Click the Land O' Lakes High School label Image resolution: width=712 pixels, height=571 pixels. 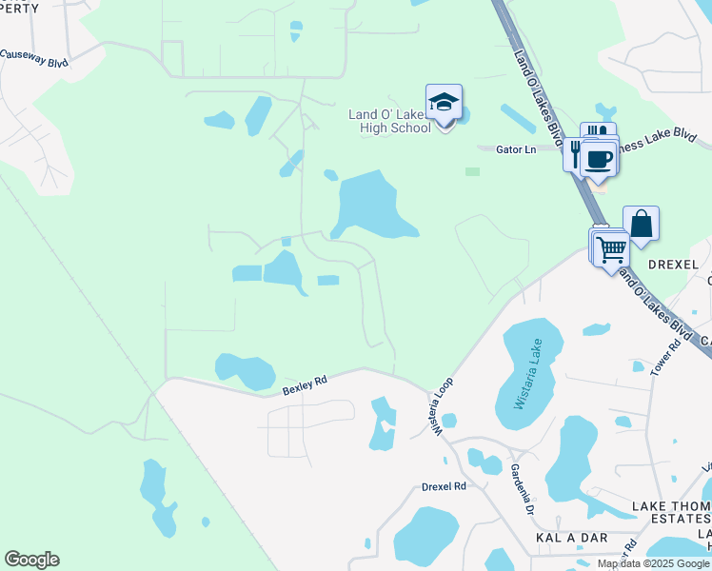point(389,121)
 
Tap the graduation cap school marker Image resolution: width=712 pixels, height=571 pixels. point(444,102)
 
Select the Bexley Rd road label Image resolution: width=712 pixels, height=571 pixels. point(305,384)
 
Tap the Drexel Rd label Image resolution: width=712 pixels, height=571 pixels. point(444,486)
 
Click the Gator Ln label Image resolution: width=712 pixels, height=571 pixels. point(517,149)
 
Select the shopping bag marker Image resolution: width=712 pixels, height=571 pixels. point(641,225)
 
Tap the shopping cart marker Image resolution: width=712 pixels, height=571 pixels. point(610,248)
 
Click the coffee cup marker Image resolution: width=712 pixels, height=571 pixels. point(599,158)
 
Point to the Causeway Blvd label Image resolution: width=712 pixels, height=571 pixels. point(35,55)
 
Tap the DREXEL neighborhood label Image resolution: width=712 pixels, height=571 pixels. point(674,264)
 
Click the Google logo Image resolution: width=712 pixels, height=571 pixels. point(31,560)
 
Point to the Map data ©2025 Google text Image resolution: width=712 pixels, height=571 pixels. point(653,563)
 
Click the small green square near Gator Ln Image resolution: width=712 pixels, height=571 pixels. point(472,171)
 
